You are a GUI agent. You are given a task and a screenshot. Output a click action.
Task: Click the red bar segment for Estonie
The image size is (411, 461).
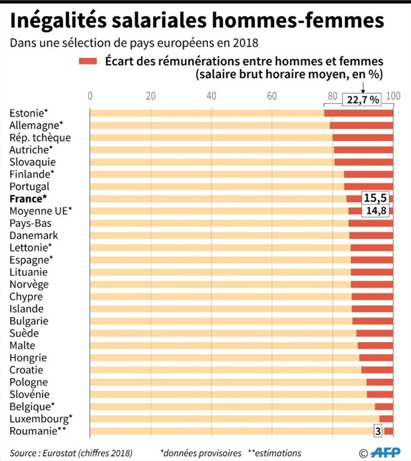tap(359, 113)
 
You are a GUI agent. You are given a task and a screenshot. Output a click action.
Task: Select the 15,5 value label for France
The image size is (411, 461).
tap(376, 198)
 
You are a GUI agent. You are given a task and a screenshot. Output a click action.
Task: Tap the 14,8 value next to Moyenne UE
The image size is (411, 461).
tap(376, 211)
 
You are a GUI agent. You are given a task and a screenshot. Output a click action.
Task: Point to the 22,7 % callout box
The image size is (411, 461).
tap(363, 100)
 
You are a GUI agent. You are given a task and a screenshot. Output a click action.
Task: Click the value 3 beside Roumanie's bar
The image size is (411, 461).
tap(377, 431)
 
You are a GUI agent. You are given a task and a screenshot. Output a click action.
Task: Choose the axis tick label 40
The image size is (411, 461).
tap(211, 96)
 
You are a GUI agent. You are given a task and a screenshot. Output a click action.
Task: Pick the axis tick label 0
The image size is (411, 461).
tap(90, 96)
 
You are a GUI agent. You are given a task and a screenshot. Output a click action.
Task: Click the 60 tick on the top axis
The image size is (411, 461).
tap(272, 96)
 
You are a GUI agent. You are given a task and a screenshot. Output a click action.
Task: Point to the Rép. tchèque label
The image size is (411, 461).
tap(40, 137)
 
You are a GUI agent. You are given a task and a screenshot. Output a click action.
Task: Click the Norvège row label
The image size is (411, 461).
tap(29, 284)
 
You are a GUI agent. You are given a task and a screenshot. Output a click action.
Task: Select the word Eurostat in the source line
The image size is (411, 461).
tap(59, 452)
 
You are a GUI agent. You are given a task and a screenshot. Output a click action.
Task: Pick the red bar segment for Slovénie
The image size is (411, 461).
tap(380, 394)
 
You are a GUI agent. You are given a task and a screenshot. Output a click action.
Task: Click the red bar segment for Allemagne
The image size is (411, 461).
tap(361, 125)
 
